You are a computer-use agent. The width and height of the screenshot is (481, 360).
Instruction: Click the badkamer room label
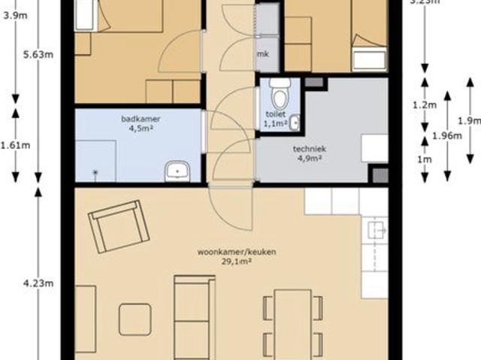[141, 119]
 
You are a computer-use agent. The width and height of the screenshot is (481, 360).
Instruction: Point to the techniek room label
[307, 148]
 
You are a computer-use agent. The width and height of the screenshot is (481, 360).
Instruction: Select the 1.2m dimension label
[424, 105]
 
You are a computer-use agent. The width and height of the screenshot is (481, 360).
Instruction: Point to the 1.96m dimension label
[446, 135]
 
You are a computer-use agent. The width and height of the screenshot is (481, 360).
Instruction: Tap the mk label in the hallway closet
[262, 54]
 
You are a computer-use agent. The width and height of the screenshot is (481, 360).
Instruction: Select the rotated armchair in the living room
[119, 228]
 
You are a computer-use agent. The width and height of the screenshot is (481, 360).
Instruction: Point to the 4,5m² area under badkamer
[141, 128]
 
